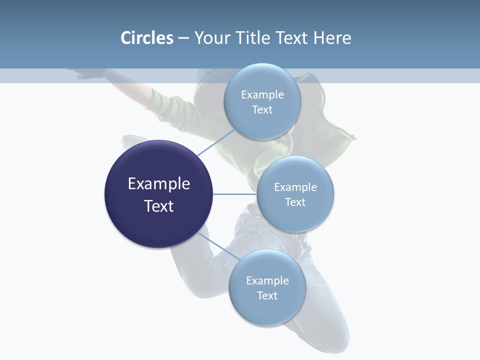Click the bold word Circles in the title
coord(147,38)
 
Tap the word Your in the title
coord(212,38)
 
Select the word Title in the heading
coord(253,38)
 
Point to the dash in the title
coord(183,39)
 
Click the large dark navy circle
coord(158,194)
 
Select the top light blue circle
coord(262,101)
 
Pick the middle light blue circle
coord(295,194)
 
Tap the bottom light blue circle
coord(267,288)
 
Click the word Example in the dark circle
coord(159,184)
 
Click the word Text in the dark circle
coord(159,206)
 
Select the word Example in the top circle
coord(262,95)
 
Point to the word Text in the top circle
coord(262,109)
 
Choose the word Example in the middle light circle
coord(295,187)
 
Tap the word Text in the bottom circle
coord(267,295)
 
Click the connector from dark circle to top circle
coord(216,142)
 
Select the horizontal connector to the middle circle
coord(235,194)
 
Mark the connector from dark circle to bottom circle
coord(219,246)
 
